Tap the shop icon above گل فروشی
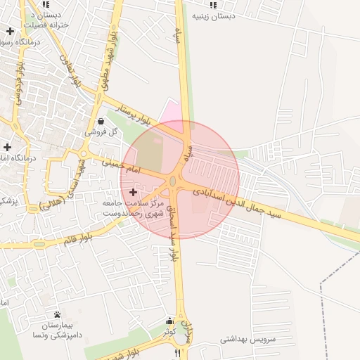click(101, 121)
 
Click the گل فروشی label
click(101, 131)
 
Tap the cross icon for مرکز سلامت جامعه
click(134, 192)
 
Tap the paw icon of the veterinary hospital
click(57, 314)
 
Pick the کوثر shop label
click(169, 330)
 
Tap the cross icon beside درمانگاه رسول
click(10, 32)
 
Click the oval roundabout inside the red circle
click(173, 183)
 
